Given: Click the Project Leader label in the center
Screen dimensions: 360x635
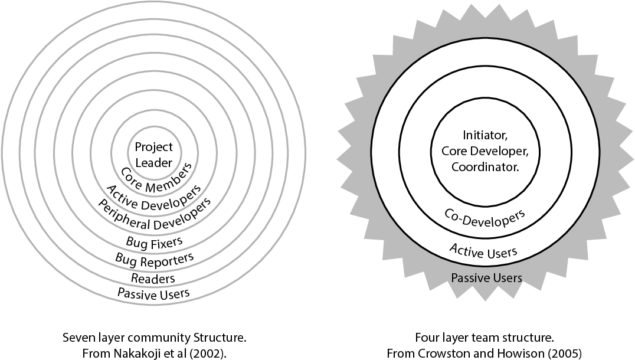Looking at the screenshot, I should pyautogui.click(x=153, y=154).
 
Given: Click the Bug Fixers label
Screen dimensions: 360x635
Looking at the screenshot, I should pyautogui.click(x=154, y=241).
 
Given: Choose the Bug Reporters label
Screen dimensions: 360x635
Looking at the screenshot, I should pyautogui.click(x=154, y=258).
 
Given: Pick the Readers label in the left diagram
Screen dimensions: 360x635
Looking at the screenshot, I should pyautogui.click(x=153, y=278).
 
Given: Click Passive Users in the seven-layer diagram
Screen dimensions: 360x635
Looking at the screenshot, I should pyautogui.click(x=153, y=293).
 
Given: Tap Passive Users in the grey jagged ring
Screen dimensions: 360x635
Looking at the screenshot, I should pyautogui.click(x=486, y=277).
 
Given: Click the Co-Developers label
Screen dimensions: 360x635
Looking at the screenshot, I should pyautogui.click(x=485, y=221).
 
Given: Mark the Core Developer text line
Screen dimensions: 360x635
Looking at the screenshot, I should pyautogui.click(x=485, y=151).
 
